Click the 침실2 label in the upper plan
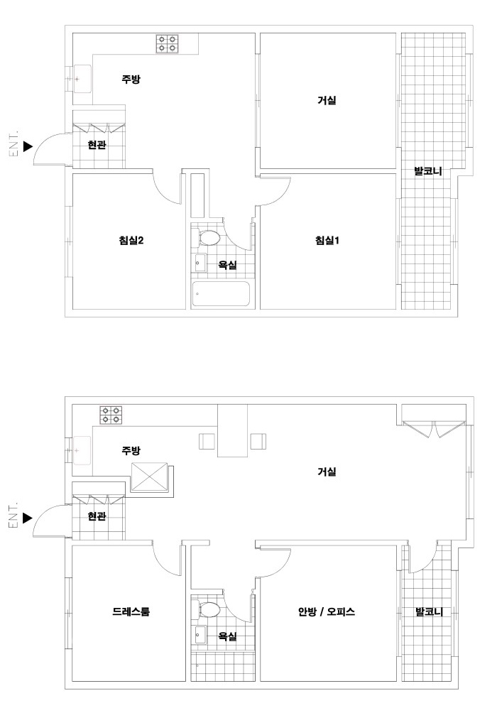coord(131,240)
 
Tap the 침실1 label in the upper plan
coord(327,240)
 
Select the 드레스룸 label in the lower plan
coord(131,611)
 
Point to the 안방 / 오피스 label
coord(327,611)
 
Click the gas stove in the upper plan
coord(166,44)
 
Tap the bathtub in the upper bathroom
coord(221,294)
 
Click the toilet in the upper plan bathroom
coord(207,237)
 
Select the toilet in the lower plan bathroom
coord(207,609)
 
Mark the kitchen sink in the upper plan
coord(82,79)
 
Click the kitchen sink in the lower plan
coord(82,451)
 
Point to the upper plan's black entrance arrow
coord(28,146)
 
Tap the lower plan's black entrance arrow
coord(28,518)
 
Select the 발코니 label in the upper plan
coord(428,172)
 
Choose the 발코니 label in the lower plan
coord(429,611)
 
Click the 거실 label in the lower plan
coord(327,472)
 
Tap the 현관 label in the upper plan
coord(97,145)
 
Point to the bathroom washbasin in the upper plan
coord(200,263)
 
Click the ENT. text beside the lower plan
coord(13,516)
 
